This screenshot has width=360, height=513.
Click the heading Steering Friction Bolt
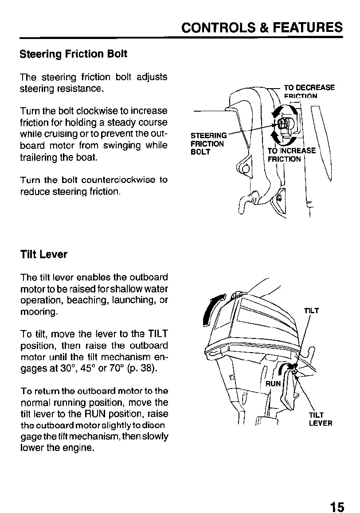point(74,54)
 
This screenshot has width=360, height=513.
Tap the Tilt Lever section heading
point(44,255)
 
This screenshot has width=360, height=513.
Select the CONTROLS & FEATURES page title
point(262,27)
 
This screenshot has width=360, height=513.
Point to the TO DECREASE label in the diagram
point(309,88)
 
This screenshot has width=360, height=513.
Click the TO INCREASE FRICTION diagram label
point(290,155)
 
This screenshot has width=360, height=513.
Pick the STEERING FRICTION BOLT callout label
point(207,144)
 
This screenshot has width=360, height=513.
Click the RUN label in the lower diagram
point(273,384)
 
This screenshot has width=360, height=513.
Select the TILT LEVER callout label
point(320,419)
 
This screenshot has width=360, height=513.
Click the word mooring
point(38,312)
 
